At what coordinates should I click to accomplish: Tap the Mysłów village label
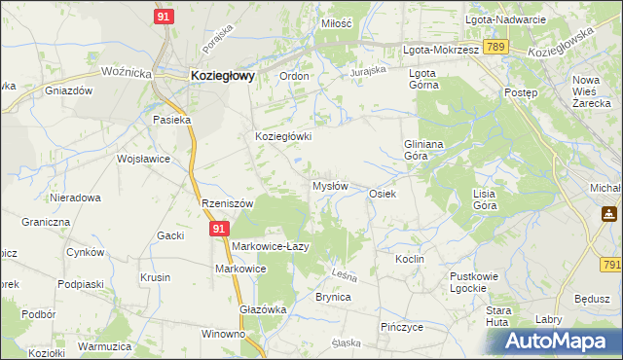coord(329,186)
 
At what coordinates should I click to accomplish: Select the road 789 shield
coord(496,47)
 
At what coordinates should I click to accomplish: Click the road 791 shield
coord(611,264)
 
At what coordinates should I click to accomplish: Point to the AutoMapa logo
coord(562,341)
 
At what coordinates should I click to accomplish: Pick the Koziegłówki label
coord(282,137)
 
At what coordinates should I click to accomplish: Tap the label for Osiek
coord(382,194)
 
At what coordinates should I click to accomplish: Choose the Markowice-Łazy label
coord(270,246)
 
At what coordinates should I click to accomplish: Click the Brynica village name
coord(333,297)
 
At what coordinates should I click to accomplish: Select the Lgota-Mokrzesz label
coord(441,48)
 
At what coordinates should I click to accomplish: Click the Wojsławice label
coord(143,159)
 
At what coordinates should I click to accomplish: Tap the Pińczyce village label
coord(402,327)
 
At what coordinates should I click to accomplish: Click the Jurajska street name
coord(369,71)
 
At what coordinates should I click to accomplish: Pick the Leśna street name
coord(346,273)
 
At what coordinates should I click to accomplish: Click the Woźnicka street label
coord(127,72)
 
